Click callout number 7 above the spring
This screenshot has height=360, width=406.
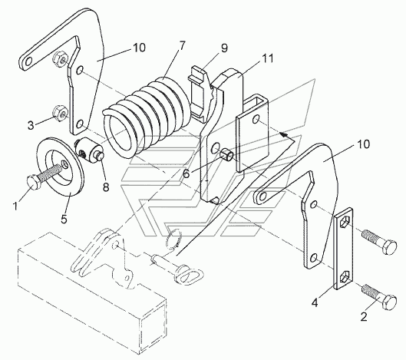(182, 46)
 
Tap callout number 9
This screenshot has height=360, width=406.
(224, 48)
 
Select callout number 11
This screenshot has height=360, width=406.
(268, 58)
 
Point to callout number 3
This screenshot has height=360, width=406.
(31, 125)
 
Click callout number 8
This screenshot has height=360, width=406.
(106, 187)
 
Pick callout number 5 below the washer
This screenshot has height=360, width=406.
(64, 219)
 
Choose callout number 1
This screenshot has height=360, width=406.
(16, 206)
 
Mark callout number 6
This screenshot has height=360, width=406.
(186, 173)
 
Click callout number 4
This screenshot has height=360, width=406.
(315, 302)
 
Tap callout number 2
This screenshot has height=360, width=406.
(364, 316)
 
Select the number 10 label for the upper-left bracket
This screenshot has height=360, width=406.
(140, 48)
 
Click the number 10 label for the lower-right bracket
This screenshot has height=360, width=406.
(364, 144)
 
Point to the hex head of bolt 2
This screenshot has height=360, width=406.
(390, 302)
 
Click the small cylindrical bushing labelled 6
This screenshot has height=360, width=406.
(227, 154)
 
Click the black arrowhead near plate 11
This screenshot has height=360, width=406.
(284, 135)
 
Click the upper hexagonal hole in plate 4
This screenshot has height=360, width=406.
(343, 223)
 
